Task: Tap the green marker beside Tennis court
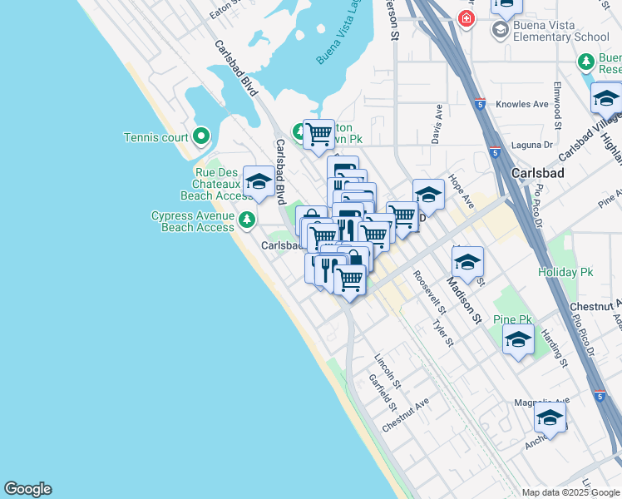pos(200,136)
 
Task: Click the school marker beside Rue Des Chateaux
pos(259,182)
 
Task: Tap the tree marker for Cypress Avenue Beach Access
pos(246,220)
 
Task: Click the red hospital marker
pos(466,17)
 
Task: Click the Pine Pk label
pos(512,319)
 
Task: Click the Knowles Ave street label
pos(522,105)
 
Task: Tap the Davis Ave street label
pos(437,125)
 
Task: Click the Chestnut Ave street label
pos(406,414)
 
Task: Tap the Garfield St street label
pos(382,393)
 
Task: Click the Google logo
pos(27,489)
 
